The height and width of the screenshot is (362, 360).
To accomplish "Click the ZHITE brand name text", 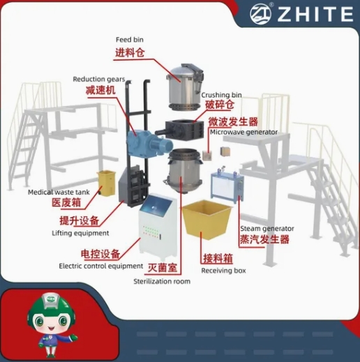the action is pos(315,14).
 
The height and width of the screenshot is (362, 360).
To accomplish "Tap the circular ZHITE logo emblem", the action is pos(260,13).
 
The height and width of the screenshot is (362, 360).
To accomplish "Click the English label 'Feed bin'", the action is pos(130,40).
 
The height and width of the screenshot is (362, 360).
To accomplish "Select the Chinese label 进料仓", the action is pos(130,53).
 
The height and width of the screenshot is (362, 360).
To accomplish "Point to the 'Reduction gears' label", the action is pos(99,79).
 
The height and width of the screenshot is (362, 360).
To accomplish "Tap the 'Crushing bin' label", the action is pos(221,95).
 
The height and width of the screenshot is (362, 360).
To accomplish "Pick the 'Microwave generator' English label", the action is pos(243,132).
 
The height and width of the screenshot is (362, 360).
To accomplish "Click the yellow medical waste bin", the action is pos(106,183).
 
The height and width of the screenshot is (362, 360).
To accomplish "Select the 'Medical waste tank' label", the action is pos(59,192).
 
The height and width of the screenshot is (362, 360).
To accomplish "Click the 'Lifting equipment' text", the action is pos(80,233).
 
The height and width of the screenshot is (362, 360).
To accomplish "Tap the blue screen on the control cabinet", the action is pos(156,206).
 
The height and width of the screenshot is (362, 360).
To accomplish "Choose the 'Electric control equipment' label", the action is pos(101,266).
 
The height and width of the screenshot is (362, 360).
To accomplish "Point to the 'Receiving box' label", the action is pos(223,271).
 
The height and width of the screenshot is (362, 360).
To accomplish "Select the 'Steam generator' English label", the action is pos(267,229).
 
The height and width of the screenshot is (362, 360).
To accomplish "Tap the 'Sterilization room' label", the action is pos(162,281).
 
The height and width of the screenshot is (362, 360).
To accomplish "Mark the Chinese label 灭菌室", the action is pos(163,268).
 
